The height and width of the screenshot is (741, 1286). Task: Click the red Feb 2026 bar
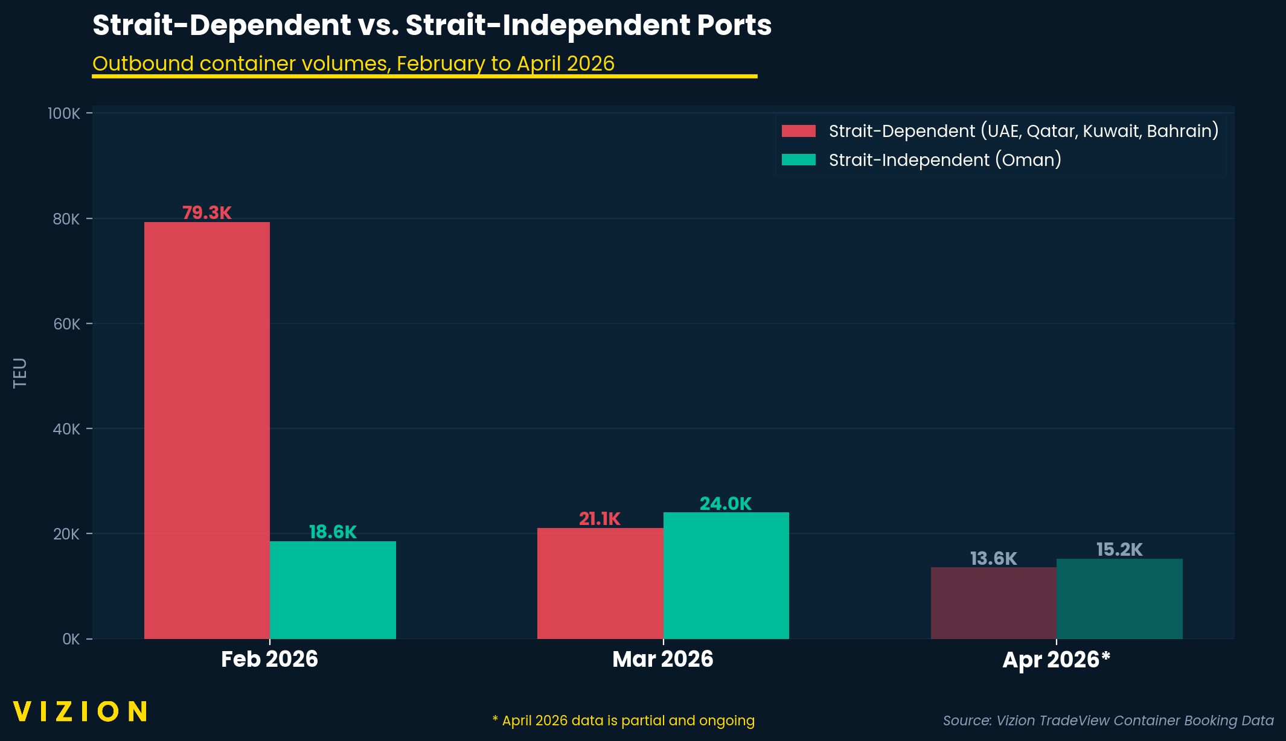tap(207, 430)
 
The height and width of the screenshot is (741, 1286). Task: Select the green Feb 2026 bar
tap(333, 590)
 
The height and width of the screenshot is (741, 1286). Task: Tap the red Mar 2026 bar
tap(600, 583)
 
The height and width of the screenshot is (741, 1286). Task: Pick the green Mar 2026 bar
tap(726, 575)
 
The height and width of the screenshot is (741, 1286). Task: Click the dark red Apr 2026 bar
tap(993, 602)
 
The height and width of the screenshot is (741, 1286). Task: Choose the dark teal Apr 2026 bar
tap(1119, 598)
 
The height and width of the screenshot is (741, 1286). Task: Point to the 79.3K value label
tap(207, 213)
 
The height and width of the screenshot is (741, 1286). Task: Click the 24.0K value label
tap(726, 504)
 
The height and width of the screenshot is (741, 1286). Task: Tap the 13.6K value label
tap(993, 559)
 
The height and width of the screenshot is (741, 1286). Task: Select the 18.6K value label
tap(333, 532)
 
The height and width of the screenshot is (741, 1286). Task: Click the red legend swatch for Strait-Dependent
tap(798, 131)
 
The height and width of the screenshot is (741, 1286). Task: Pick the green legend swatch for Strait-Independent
tap(798, 160)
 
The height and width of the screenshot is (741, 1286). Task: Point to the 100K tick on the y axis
tap(64, 113)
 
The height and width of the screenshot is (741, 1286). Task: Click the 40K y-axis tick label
tap(66, 429)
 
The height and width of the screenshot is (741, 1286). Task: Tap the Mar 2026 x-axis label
tap(663, 659)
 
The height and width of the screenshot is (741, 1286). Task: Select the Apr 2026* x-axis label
tap(1056, 660)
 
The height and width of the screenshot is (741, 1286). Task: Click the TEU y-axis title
tap(20, 373)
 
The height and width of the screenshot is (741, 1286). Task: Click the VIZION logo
tap(80, 711)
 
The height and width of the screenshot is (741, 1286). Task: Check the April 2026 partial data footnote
tap(624, 720)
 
